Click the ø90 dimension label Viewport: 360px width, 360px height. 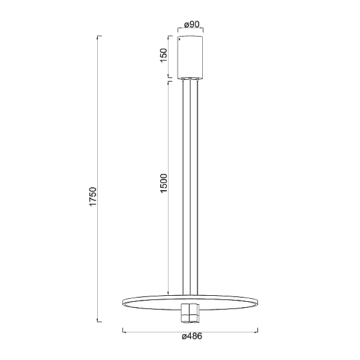point(192,25)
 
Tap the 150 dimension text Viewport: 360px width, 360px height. point(164,55)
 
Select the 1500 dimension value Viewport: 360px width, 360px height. point(164,183)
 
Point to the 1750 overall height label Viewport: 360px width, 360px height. point(94,197)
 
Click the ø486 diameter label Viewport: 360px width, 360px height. point(192,337)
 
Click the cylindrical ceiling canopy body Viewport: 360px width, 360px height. point(190,58)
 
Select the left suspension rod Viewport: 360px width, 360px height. point(183,187)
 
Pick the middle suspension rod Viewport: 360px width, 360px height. point(190,187)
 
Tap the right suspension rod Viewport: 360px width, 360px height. point(197,187)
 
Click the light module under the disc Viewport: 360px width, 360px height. point(190,313)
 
